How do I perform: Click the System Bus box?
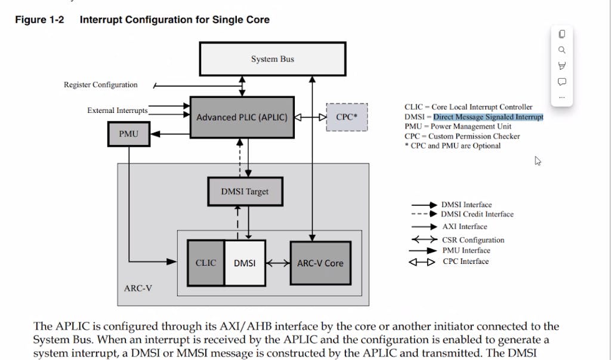point(272,59)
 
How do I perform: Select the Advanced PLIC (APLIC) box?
point(242,118)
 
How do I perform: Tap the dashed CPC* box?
point(347,117)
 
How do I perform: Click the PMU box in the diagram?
point(128,134)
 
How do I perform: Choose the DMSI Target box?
point(245,192)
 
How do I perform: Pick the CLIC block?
point(206,263)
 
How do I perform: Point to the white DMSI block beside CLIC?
point(245,263)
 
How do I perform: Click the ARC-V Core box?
point(320,263)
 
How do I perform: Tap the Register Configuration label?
point(101,85)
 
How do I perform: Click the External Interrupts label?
point(117,110)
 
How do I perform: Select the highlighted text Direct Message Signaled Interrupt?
point(488,117)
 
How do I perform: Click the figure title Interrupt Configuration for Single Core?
point(174,20)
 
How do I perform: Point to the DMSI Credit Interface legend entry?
point(477,214)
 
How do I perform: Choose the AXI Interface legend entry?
point(465,227)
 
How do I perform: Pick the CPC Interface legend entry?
point(465,261)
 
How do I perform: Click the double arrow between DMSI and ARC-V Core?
point(278,263)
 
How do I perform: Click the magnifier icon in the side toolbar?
point(561,50)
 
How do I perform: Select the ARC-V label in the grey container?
point(138,288)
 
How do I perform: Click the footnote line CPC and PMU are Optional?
point(452,146)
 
